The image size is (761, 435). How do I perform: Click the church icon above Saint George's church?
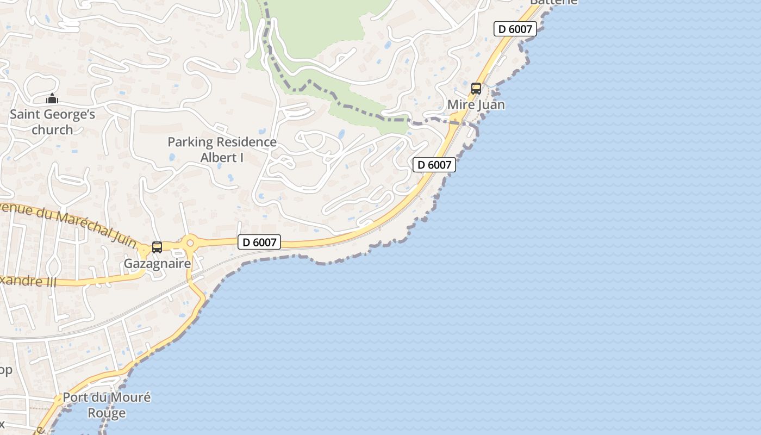[x=52, y=99]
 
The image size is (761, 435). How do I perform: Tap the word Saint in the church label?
[x=25, y=115]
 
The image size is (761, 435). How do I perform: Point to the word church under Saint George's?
[x=52, y=130]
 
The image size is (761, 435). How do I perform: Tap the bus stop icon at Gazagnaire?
[x=157, y=247]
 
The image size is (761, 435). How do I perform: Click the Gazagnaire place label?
[x=158, y=264]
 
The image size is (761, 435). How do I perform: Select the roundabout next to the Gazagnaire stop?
[x=190, y=243]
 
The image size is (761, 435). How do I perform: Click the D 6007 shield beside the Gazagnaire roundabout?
[x=259, y=243]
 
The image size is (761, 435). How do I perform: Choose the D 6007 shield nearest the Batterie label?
[x=515, y=29]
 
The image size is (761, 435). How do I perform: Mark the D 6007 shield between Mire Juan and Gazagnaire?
[x=434, y=165]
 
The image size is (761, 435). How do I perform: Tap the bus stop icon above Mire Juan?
[x=476, y=88]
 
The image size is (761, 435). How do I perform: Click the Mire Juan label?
[x=476, y=104]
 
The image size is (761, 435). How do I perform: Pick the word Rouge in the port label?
[x=107, y=413]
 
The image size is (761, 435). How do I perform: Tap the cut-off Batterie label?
[x=553, y=2]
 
